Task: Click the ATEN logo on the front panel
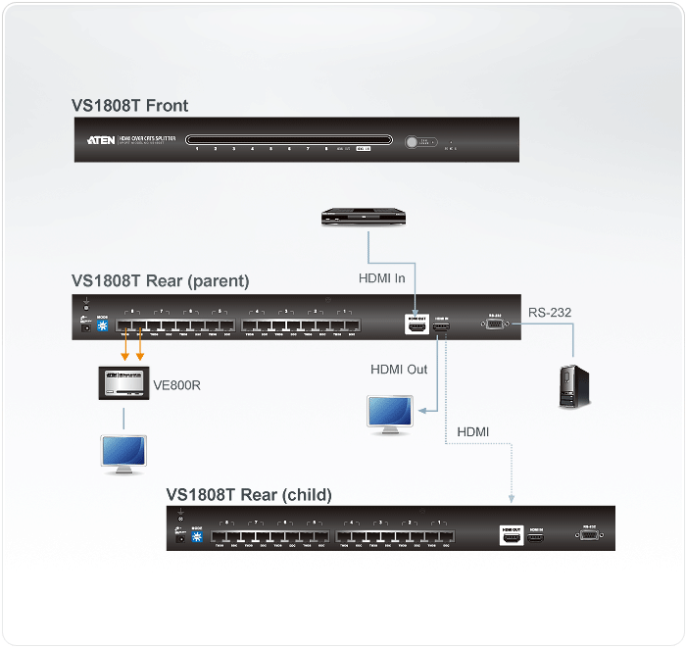(100, 140)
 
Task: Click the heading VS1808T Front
(129, 106)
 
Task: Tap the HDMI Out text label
(399, 370)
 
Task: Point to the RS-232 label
(550, 313)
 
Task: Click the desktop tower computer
(573, 385)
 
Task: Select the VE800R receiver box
(124, 384)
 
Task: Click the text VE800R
(177, 385)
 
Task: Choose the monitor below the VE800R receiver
(122, 454)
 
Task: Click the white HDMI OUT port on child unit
(511, 536)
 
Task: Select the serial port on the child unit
(589, 535)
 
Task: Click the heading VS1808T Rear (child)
(249, 494)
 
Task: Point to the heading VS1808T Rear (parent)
(161, 281)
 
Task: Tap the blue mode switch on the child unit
(196, 538)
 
